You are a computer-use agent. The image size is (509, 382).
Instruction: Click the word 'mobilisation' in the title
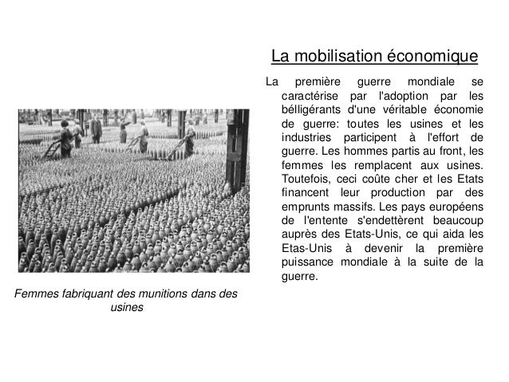[338, 57]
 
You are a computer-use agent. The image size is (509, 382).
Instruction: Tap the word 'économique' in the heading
[432, 57]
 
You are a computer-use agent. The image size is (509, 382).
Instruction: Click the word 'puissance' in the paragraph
[310, 263]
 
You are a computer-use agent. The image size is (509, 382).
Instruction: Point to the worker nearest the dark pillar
[189, 143]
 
